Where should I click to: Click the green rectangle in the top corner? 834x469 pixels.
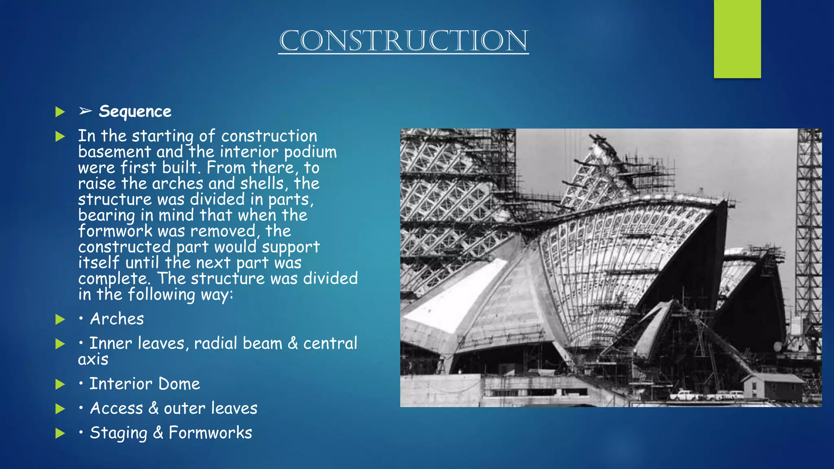737,39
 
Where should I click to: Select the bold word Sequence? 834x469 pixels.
135,112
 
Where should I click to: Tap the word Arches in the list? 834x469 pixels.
117,319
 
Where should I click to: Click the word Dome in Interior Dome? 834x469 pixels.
179,384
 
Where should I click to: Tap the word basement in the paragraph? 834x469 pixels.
114,152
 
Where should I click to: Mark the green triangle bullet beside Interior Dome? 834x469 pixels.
60,384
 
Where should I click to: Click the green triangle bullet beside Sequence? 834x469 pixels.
60,112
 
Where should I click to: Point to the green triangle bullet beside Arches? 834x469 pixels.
60,319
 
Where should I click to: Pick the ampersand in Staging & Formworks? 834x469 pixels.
158,433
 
